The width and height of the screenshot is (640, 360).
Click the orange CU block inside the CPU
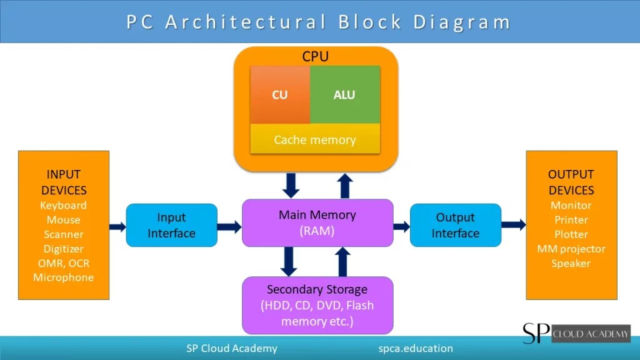click(280, 95)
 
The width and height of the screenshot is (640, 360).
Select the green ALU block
click(344, 95)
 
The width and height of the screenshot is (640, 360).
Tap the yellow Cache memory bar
click(315, 139)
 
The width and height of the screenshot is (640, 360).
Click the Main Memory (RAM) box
click(317, 222)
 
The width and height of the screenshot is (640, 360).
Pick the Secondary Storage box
click(317, 306)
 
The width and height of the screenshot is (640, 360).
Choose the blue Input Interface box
click(171, 225)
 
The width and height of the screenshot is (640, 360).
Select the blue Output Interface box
click(455, 225)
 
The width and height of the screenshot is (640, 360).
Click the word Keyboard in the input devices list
click(63, 206)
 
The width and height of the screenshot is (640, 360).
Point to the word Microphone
click(63, 277)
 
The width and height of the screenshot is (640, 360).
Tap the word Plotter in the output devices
click(571, 234)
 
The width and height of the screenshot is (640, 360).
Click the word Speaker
click(571, 263)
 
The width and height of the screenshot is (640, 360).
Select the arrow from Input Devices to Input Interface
click(117, 226)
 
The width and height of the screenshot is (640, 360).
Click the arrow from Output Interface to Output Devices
click(513, 224)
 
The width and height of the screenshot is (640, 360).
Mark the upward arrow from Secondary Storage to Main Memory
click(343, 261)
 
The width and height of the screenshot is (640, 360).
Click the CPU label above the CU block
click(316, 57)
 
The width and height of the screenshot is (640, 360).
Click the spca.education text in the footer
click(416, 348)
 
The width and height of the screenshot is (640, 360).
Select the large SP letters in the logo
click(536, 333)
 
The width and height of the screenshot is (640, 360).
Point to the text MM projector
click(571, 249)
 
